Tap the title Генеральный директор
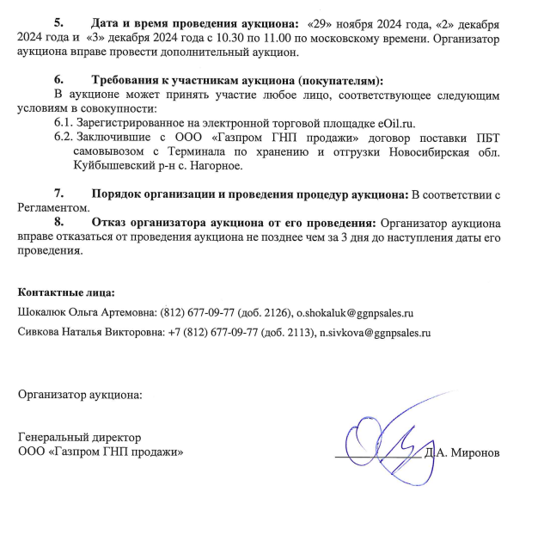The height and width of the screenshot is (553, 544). pos(80,438)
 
